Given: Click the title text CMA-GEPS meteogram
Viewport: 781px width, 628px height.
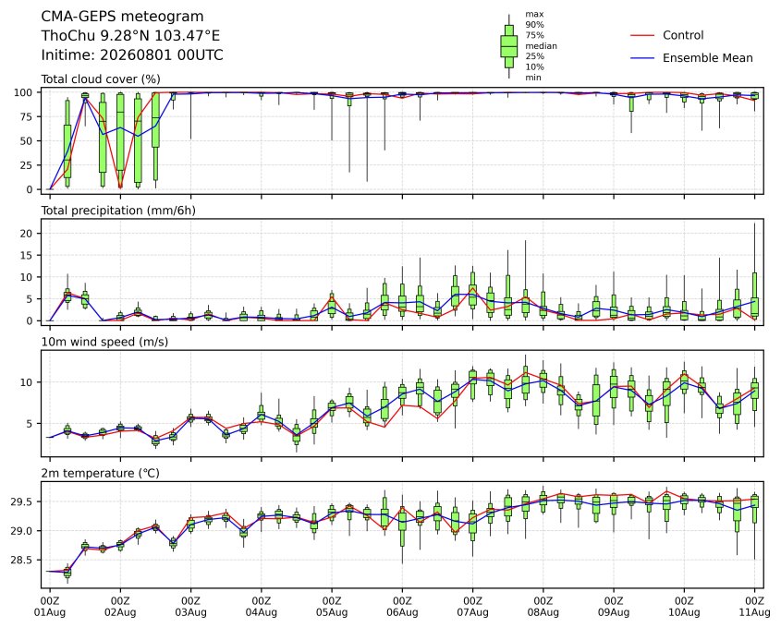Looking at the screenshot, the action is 122,17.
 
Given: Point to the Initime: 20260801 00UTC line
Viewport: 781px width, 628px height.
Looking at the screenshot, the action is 132,54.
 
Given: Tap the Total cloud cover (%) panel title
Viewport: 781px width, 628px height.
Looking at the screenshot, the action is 101,79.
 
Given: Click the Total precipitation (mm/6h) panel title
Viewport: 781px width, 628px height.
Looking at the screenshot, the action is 118,211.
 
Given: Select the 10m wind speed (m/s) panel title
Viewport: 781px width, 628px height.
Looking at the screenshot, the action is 104,342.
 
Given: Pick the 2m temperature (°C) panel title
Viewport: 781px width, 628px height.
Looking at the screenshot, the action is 100,473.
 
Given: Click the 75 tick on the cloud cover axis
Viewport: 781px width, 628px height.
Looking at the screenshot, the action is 27,117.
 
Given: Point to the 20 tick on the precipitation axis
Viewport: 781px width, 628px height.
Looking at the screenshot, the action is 27,234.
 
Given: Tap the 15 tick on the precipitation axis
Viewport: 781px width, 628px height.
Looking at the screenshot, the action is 27,255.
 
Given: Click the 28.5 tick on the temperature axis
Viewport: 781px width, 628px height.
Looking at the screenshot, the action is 22,561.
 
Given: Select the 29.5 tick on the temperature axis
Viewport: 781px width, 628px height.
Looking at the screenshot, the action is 22,501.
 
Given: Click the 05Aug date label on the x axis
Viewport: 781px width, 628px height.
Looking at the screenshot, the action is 332,612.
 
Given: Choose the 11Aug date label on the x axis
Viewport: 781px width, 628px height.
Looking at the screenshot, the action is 754,612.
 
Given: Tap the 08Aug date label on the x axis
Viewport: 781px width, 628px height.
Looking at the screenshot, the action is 543,612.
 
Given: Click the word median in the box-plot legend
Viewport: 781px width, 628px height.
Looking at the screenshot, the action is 541,46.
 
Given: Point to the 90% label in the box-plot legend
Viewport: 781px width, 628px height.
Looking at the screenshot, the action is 534,24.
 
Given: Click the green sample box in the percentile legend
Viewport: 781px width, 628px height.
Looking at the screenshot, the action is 509,46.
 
